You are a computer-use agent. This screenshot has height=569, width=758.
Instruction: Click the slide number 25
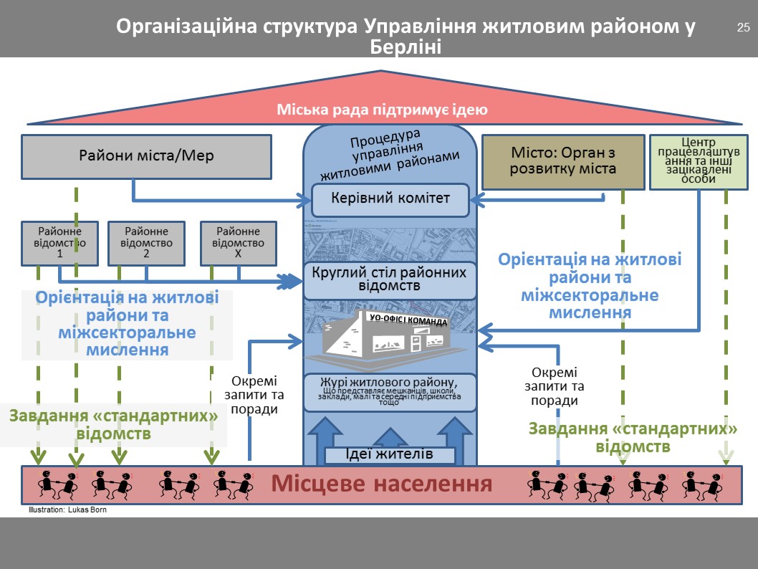point(743,29)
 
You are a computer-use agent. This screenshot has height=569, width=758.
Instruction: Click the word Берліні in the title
point(405,47)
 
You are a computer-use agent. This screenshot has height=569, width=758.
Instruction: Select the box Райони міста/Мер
point(146,156)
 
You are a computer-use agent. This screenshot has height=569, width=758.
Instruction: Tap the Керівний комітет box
point(390,199)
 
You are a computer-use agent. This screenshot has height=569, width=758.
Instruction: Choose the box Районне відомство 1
point(59,242)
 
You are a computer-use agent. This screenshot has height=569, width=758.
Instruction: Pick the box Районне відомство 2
point(146,242)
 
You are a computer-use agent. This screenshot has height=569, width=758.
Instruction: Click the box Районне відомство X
point(239,242)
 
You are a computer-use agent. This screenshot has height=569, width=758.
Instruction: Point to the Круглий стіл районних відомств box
point(390,279)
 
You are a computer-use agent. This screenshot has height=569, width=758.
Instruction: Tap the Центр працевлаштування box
point(699,161)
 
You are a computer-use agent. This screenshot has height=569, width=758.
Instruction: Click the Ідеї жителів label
point(390,454)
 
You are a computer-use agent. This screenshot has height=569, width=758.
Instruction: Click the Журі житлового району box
point(390,391)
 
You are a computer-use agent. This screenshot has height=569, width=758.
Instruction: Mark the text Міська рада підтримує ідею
point(382,110)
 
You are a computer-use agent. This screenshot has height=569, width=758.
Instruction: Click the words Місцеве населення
point(381,484)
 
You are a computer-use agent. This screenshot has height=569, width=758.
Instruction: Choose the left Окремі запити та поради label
point(254,395)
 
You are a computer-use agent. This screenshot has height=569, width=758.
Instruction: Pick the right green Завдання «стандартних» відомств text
point(633,437)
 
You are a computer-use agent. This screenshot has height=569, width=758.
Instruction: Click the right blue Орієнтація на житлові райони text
point(590,286)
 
